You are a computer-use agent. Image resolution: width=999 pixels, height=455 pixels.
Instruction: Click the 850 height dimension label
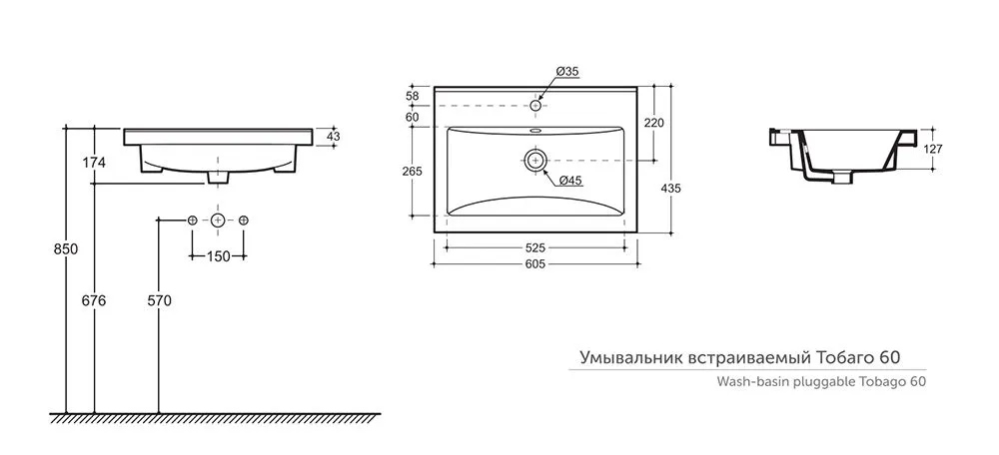(x=66, y=249)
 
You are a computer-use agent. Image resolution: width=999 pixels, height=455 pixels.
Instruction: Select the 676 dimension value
(x=94, y=300)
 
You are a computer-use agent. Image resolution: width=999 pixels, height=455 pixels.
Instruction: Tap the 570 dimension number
(x=159, y=300)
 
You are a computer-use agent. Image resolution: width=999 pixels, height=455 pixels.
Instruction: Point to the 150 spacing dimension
(x=218, y=256)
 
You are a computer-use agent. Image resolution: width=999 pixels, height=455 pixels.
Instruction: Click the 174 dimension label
(x=94, y=163)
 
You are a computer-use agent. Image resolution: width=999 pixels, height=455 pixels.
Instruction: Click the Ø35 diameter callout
(x=566, y=72)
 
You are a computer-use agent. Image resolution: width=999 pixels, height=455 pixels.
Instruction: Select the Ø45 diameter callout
(x=570, y=181)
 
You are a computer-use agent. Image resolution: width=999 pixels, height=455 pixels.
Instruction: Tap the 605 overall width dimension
(x=535, y=264)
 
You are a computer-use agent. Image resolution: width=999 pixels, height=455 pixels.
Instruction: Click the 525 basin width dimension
(x=535, y=248)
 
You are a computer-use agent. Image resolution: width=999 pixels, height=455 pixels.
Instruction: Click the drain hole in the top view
(x=535, y=159)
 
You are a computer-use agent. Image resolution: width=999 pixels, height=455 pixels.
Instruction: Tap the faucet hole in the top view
(x=535, y=105)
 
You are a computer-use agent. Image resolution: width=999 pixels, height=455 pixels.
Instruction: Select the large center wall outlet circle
(x=218, y=221)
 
